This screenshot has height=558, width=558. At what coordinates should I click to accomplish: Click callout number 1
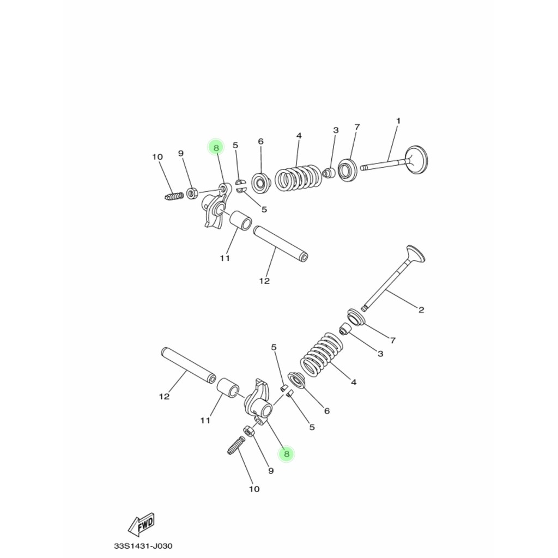point(398,120)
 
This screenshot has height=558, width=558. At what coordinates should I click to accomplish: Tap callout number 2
point(421,310)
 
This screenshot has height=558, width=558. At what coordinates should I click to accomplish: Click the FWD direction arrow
point(142,524)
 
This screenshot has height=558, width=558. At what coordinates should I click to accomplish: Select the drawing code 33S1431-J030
point(139,545)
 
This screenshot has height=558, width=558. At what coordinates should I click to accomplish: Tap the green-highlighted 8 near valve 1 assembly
point(216,148)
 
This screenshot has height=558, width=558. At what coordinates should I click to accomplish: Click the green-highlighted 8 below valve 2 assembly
point(286,454)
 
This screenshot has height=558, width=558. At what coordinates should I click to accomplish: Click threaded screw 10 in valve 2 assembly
point(234,445)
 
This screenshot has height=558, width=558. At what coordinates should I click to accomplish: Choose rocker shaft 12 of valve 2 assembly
point(187,367)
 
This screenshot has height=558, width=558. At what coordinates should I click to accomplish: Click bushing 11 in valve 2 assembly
point(228,389)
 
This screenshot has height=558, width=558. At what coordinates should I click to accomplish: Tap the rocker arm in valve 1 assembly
point(216,210)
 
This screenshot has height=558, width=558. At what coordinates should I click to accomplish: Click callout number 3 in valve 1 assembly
point(336,130)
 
